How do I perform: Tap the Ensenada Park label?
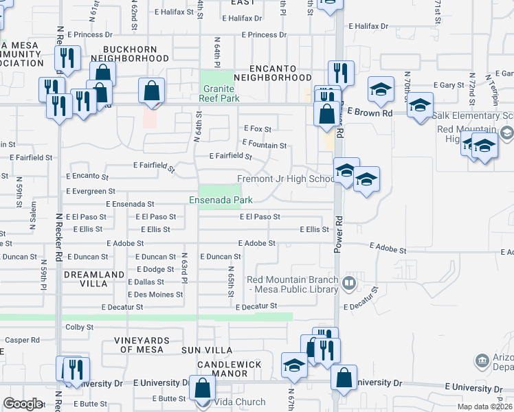221,200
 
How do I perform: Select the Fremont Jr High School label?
286,179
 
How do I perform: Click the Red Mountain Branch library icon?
349,282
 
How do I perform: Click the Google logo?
23,404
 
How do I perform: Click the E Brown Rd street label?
370,111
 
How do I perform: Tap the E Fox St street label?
258,128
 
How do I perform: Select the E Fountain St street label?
264,146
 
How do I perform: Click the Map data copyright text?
485,407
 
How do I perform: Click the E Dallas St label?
146,282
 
